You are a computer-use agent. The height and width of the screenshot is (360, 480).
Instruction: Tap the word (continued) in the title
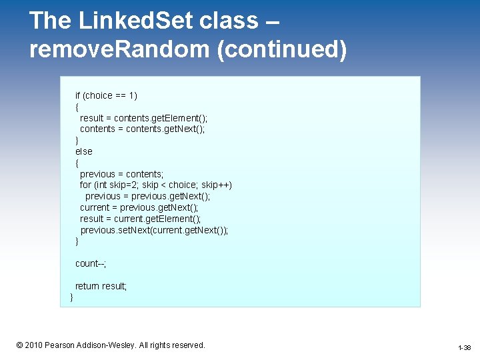coord(281,49)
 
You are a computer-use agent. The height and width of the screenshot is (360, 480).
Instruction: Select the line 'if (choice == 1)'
coord(106,95)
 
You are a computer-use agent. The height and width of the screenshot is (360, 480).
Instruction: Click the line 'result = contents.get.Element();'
coord(143,118)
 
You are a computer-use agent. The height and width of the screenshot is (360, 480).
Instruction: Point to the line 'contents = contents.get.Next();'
coord(142,129)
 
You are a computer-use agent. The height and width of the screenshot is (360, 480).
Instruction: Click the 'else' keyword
coord(84,151)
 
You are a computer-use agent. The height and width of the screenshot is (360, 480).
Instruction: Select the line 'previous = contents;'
coord(121,174)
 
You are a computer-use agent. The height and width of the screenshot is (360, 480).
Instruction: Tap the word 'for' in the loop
coord(85,185)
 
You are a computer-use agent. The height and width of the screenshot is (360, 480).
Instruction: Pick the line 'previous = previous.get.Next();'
coord(147,196)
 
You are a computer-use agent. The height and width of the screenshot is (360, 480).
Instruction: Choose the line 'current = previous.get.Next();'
coord(139,207)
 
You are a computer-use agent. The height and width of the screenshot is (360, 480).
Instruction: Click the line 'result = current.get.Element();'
coord(140,219)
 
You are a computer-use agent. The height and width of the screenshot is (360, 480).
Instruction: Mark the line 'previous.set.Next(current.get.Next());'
coord(154,230)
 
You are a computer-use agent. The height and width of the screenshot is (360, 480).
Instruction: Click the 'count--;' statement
coord(91,263)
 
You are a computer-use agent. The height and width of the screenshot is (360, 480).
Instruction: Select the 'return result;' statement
coord(101,286)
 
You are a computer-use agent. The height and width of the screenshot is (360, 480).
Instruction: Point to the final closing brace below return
coord(72,297)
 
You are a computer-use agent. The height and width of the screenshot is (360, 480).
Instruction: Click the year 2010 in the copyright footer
coord(34,345)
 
